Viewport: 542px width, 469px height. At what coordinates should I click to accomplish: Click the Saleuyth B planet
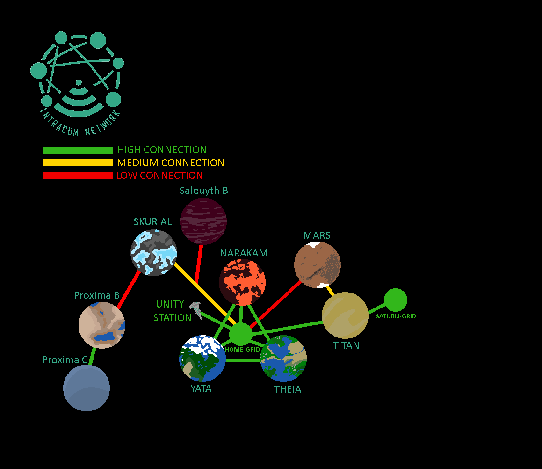pos(203,221)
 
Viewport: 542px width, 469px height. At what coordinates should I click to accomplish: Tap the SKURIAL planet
pos(154,252)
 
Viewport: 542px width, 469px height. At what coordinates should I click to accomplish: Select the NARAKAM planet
pos(242,282)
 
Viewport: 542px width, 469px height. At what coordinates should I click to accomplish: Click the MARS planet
pos(318,264)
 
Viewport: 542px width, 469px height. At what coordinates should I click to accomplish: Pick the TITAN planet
pos(345,315)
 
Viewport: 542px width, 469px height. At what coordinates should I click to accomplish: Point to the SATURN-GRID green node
pos(396,300)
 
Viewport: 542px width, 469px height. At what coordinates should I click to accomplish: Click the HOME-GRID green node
pos(241,334)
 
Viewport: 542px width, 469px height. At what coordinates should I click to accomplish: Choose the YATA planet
pos(202,359)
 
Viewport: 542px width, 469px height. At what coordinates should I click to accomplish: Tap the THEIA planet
pos(283,359)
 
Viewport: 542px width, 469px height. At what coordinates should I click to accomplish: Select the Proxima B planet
pos(102,325)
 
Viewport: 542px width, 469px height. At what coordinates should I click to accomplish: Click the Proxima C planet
pos(87,388)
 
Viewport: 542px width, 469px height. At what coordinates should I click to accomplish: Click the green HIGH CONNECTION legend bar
pos(78,150)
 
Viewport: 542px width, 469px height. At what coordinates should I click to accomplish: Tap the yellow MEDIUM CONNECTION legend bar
pos(78,163)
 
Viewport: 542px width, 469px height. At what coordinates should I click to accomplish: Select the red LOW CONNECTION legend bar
pos(78,176)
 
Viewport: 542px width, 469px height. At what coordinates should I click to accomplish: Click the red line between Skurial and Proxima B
pos(129,289)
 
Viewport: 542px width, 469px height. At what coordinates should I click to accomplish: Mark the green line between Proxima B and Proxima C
pos(93,357)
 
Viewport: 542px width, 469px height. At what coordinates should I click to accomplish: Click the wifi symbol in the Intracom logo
pos(78,93)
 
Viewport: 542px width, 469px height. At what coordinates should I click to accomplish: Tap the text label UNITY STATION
pos(172,311)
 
